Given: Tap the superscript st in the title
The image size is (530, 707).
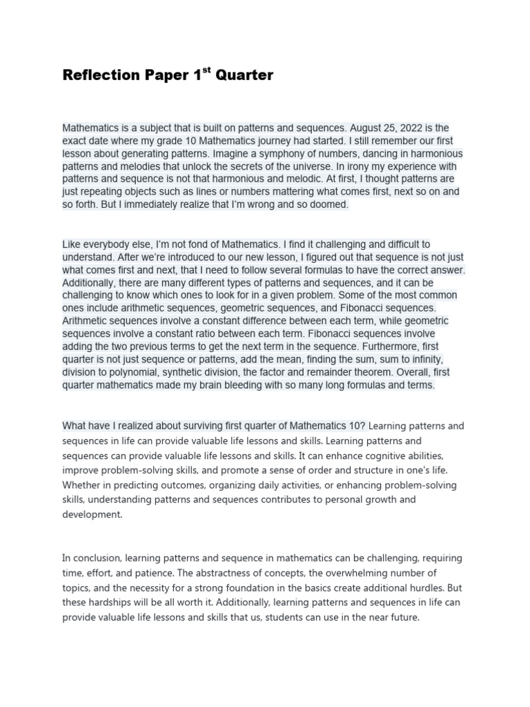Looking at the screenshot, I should click(205, 70).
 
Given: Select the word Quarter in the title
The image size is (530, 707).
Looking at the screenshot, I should click(244, 75).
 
